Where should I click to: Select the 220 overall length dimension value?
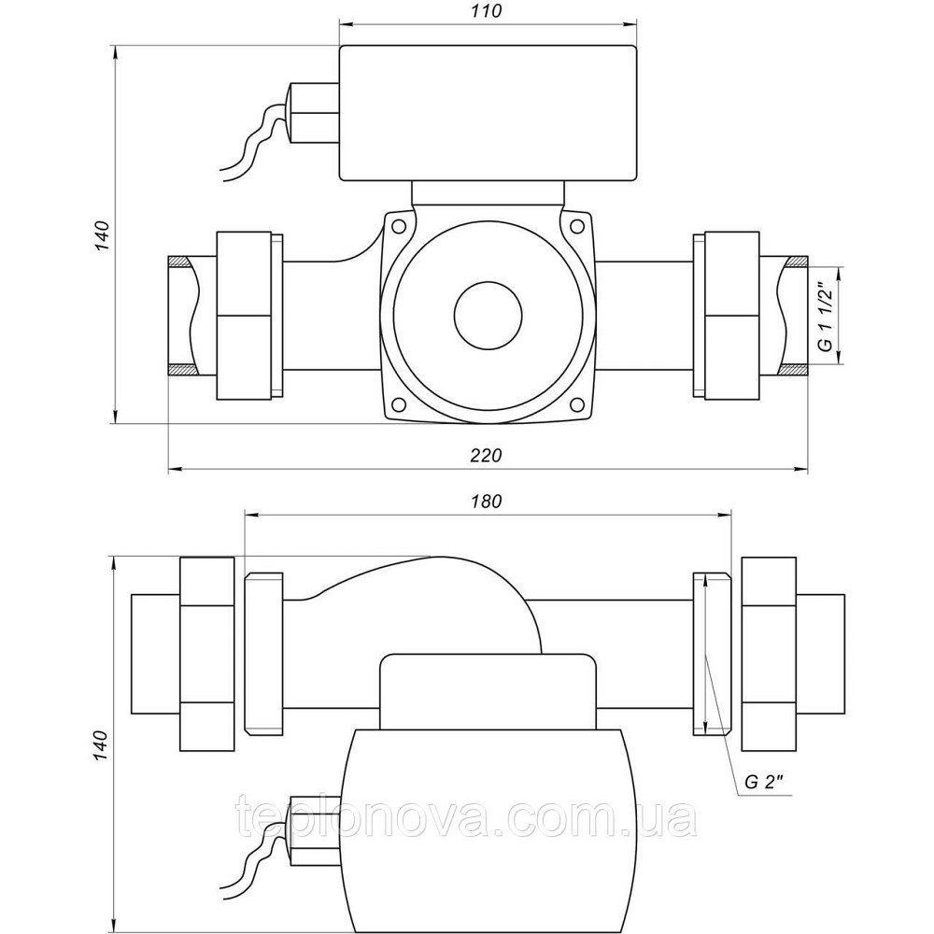(487, 456)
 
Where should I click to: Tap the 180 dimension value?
(487, 500)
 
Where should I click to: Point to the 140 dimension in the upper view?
(104, 236)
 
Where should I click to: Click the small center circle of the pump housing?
(487, 316)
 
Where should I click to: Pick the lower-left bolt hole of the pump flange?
(399, 404)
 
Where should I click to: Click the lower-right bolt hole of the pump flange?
(574, 404)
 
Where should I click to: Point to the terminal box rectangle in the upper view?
(488, 112)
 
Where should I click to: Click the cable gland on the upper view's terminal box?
(313, 112)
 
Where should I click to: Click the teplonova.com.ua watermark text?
(467, 820)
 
